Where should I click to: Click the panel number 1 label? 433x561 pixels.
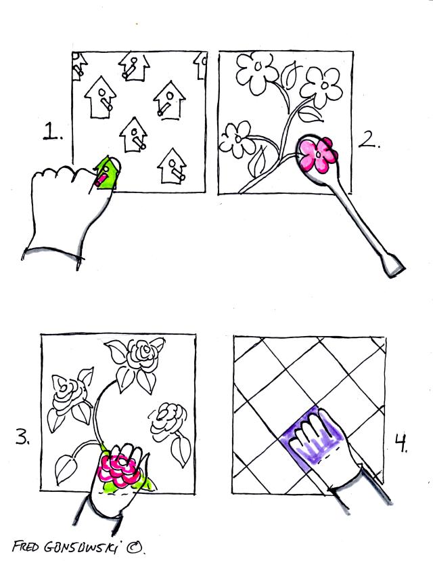point(53,131)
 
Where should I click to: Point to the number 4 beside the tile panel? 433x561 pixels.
point(402,443)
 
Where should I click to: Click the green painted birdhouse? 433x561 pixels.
point(107,173)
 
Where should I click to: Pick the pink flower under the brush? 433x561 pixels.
point(318,155)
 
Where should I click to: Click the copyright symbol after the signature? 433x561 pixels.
point(134,547)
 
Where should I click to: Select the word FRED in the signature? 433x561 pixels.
point(25,546)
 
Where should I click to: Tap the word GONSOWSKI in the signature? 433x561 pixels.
point(85,547)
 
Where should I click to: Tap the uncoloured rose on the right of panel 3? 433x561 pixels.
point(168,421)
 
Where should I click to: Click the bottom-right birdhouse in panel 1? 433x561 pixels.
point(172,167)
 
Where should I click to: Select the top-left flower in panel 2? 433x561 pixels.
point(256,73)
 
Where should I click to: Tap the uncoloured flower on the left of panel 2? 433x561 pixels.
point(236,139)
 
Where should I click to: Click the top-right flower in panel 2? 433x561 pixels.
point(321,87)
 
